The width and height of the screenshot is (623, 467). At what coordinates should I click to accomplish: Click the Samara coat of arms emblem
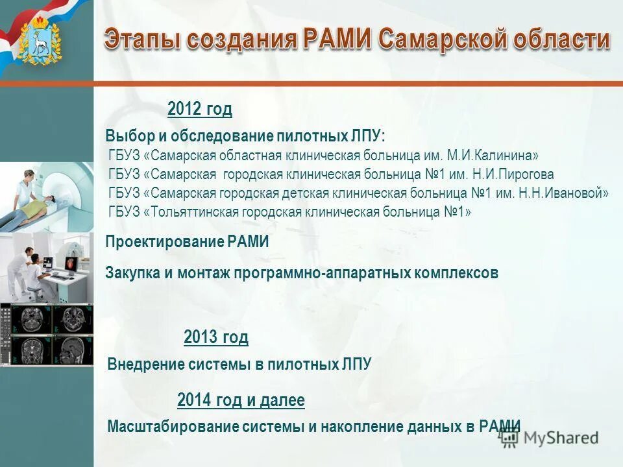pos(40,41)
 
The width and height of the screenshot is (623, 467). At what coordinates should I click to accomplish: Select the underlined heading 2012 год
pos(199,109)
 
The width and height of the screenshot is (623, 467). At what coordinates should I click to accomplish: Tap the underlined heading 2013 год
pos(215,337)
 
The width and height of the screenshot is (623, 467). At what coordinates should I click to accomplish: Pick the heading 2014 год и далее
pos(241,400)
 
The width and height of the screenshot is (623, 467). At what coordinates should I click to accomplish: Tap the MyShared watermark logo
pos(549,438)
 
